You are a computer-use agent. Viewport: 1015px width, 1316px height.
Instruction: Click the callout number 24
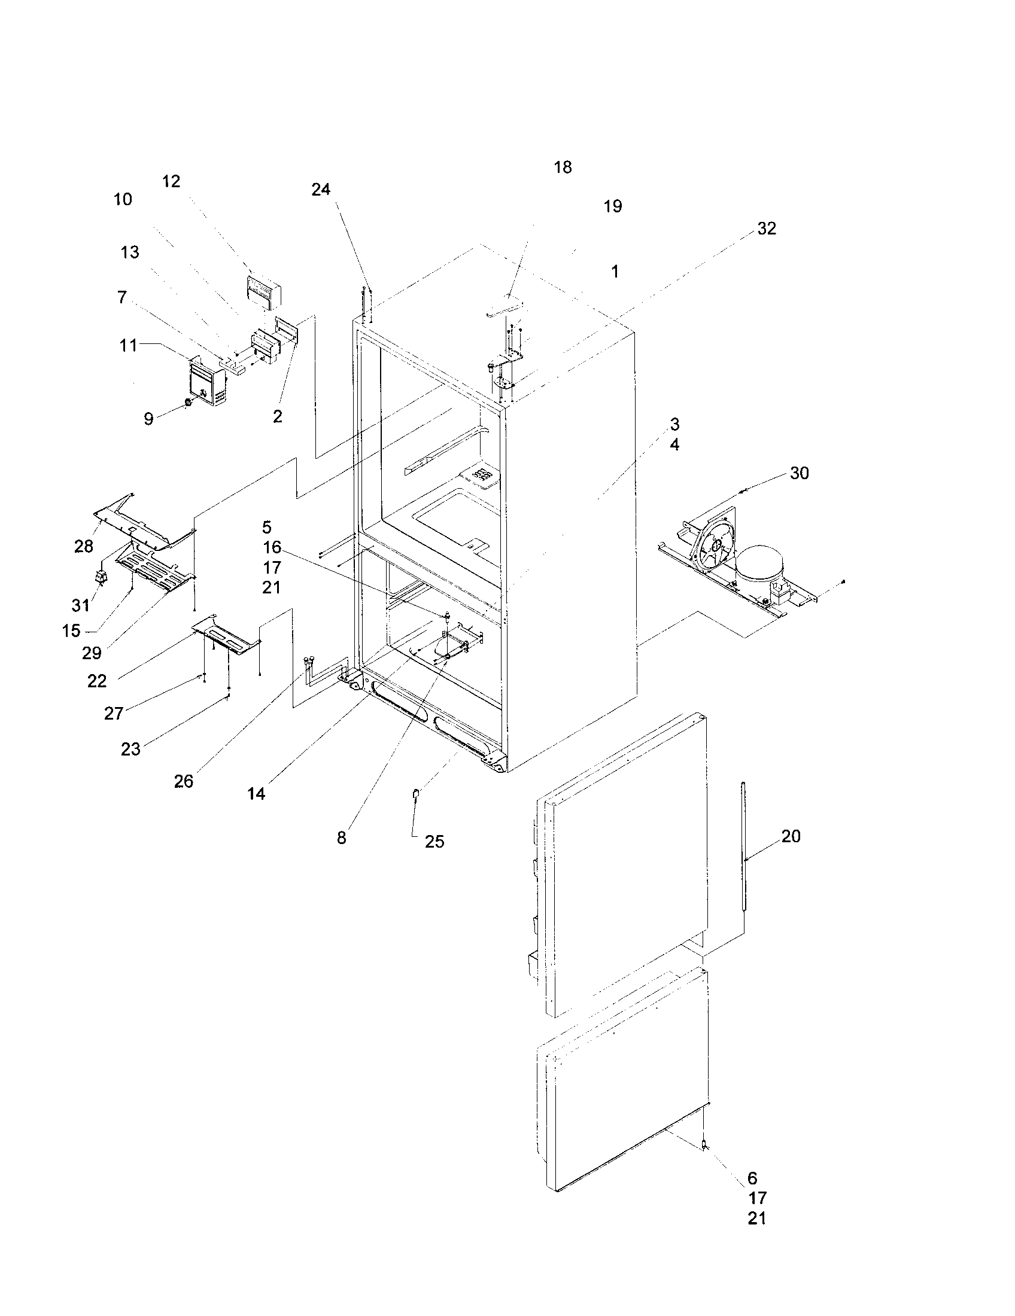(321, 189)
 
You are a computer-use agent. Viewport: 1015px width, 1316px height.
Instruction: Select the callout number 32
(767, 229)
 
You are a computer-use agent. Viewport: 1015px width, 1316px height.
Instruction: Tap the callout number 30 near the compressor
(799, 473)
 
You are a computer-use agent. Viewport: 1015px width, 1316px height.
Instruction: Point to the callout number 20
(791, 836)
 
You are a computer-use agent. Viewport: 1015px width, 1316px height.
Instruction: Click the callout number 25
(434, 842)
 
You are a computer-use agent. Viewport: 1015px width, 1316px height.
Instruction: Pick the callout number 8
(341, 838)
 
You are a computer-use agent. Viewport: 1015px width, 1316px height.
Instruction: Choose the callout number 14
(256, 794)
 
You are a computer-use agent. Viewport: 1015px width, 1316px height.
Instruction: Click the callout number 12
(171, 181)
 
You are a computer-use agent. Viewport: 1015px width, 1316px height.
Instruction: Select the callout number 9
(148, 419)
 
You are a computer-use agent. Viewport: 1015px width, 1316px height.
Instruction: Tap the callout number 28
(84, 546)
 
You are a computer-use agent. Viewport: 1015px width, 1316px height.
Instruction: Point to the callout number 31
(81, 604)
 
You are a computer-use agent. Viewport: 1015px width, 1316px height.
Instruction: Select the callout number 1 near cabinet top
(615, 272)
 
